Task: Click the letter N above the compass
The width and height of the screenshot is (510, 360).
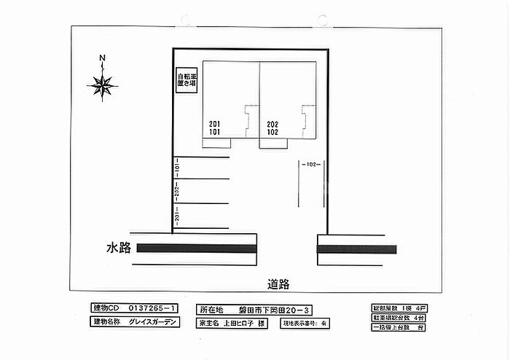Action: tap(103, 58)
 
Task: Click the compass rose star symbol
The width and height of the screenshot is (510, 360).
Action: tap(103, 86)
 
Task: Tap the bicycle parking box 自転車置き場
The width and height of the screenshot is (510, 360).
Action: tap(186, 80)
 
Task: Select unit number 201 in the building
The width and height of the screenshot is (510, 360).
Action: tap(214, 124)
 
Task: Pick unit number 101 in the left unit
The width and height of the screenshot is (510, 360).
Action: tap(214, 133)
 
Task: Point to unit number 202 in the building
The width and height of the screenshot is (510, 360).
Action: tap(272, 124)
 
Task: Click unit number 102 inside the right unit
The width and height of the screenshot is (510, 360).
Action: tap(272, 133)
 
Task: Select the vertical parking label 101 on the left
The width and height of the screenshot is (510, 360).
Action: tap(176, 168)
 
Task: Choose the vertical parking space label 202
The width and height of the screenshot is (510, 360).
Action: tap(176, 192)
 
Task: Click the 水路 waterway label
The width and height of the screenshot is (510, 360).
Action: tap(118, 249)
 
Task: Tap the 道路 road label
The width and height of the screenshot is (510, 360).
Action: tap(278, 284)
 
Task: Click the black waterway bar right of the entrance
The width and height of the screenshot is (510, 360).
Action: tap(357, 249)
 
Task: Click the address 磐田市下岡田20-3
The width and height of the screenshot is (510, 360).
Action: tap(276, 308)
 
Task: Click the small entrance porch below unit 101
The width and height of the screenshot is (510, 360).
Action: tap(216, 144)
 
